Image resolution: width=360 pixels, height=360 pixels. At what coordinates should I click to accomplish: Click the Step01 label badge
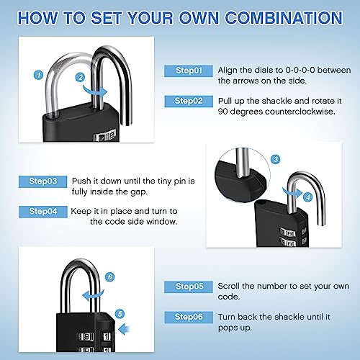189,71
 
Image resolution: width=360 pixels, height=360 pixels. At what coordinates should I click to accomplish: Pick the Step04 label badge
48,211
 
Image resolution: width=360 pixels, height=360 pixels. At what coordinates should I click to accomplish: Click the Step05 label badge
189,286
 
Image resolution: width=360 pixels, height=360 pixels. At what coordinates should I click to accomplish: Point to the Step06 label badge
189,317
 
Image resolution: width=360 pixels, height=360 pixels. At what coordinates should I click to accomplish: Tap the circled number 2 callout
81,76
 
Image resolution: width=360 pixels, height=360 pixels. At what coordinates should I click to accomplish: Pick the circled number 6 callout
109,276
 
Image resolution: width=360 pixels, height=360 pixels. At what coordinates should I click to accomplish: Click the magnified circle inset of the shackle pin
238,174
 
